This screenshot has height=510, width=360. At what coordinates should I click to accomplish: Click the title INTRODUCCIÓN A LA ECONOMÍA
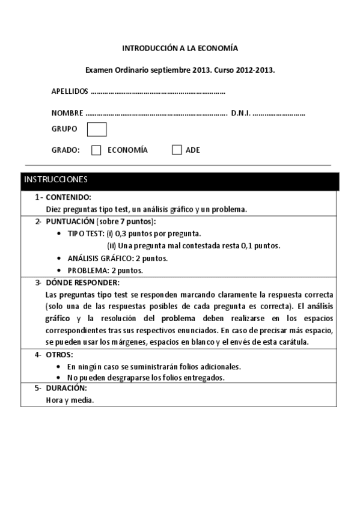[x=180, y=48]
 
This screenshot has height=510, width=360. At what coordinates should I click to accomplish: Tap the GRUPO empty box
[x=97, y=129]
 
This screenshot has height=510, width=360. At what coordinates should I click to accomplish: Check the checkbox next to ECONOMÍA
[x=96, y=150]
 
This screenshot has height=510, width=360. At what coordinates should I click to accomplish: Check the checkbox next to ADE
[x=177, y=150]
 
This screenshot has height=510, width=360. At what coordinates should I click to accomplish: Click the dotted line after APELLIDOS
[x=157, y=93]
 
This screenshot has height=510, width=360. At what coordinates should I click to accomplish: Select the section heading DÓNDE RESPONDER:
[x=82, y=282]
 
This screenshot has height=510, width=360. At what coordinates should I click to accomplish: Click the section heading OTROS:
[x=59, y=355]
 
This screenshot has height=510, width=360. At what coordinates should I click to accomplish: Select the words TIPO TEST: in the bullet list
[x=86, y=233]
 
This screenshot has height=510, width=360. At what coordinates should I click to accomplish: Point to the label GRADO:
[x=66, y=150]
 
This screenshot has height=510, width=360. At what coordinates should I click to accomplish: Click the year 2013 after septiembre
[x=202, y=70]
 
